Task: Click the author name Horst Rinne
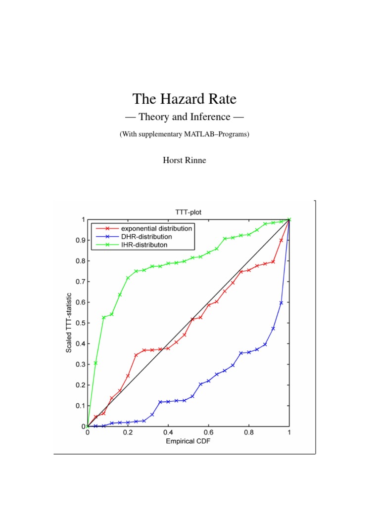tap(184, 161)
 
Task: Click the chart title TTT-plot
tap(188, 212)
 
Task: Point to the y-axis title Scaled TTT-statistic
tap(69, 323)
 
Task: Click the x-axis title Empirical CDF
tap(188, 441)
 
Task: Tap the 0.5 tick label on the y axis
tap(80, 323)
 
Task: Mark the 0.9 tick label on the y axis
tap(80, 240)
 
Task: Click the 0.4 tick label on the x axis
tap(168, 432)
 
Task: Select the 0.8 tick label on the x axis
tap(249, 432)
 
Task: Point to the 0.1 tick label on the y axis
tap(80, 406)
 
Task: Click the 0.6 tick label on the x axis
tap(208, 432)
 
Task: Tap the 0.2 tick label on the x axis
tap(128, 432)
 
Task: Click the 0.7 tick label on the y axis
tap(80, 281)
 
